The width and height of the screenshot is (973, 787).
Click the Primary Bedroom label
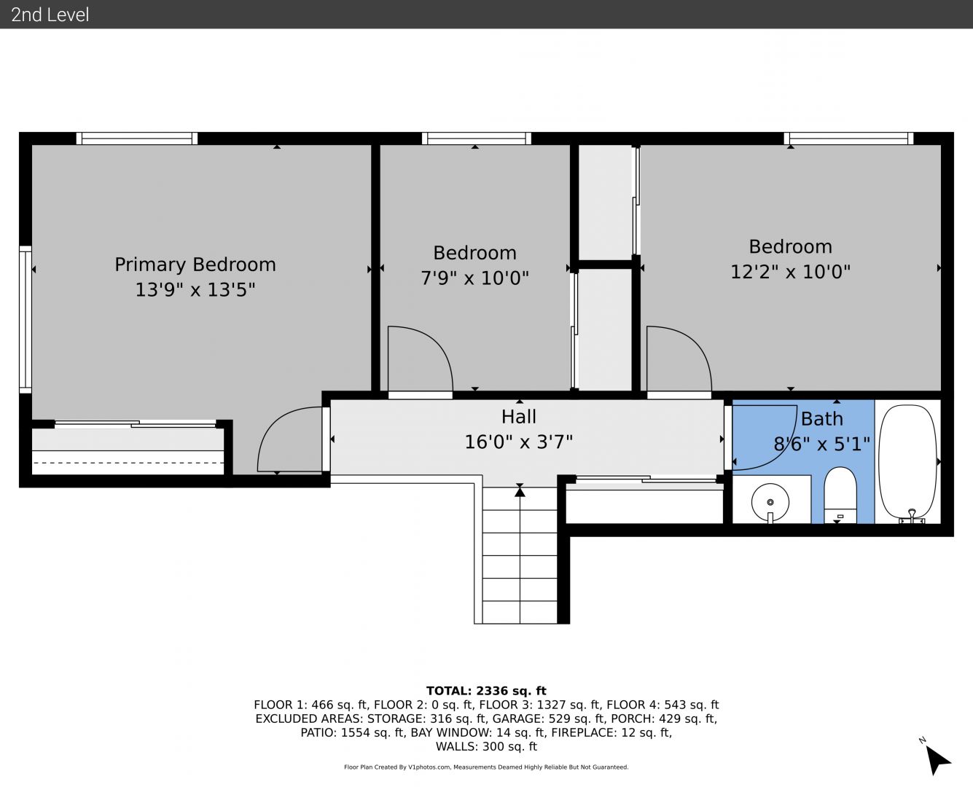195,265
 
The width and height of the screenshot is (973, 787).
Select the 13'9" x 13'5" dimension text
195,289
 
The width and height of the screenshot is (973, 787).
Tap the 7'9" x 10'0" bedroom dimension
474,278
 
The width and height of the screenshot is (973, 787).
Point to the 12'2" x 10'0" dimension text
790,272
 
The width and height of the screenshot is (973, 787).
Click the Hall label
519,417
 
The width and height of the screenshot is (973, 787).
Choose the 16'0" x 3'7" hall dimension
518,442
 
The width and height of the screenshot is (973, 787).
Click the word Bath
822,419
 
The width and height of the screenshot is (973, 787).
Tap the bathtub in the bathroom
907,462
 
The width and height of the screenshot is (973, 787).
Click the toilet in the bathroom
840,495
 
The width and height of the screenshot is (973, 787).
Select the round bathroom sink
770,502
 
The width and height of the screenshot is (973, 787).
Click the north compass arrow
937,761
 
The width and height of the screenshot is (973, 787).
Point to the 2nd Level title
50,15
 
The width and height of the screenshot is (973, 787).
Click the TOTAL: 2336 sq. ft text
486,691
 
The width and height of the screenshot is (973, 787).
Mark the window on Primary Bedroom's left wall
25,319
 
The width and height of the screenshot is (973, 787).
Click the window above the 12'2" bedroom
848,138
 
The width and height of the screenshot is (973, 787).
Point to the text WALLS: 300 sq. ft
486,747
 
